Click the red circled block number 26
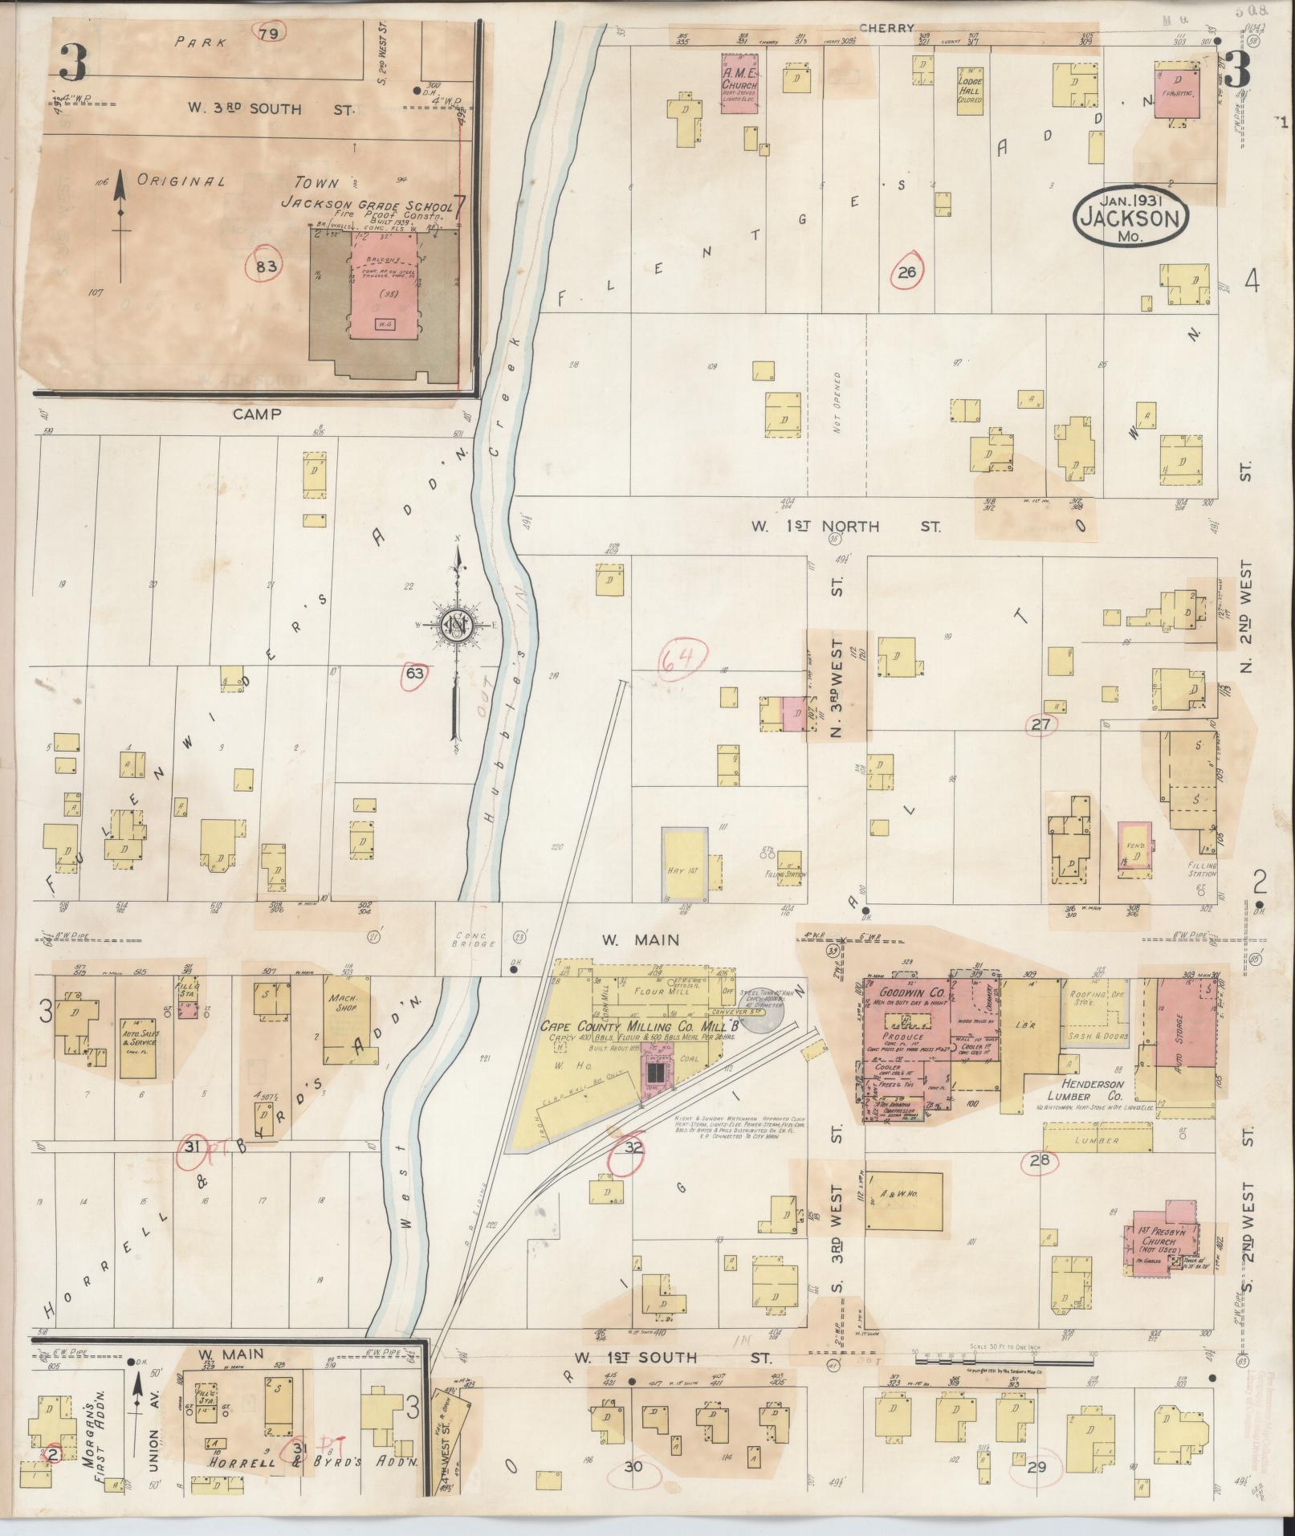(907, 273)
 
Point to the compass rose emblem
(456, 627)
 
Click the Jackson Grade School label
(366, 206)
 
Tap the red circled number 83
(265, 267)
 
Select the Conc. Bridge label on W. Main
(466, 939)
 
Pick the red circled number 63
(413, 673)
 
